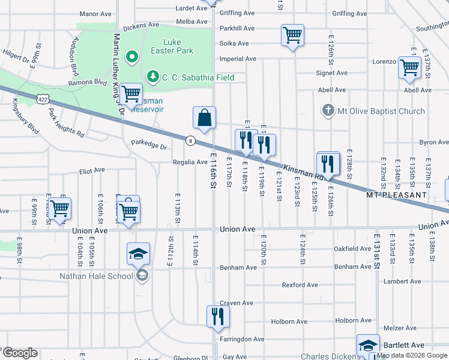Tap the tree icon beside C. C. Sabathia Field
(153, 77)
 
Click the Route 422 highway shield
(41, 97)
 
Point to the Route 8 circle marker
(190, 140)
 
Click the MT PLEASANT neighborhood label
(397, 196)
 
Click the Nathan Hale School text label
(99, 276)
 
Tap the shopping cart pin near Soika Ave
(292, 35)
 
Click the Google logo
(20, 353)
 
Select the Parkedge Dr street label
(149, 146)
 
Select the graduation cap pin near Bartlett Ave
(368, 346)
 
